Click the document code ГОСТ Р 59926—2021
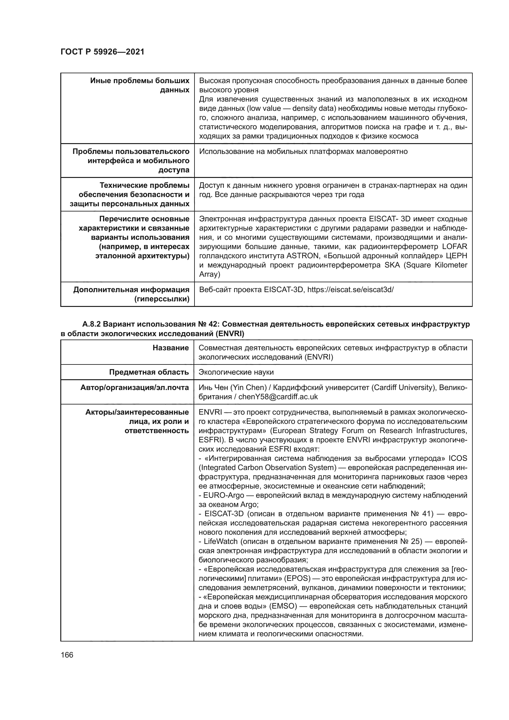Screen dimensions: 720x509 [102, 52]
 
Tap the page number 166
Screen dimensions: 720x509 [67, 655]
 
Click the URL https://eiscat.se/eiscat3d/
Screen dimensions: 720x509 [350, 289]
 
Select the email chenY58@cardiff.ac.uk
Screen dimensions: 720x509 [278, 397]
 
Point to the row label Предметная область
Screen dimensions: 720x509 [149, 372]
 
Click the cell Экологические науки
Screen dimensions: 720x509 [236, 372]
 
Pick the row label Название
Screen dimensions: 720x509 [171, 348]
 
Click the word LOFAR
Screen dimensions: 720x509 [455, 247]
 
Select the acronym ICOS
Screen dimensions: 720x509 [458, 458]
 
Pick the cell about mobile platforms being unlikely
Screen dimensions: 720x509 [303, 152]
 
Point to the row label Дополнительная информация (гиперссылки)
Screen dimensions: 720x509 [131, 294]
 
